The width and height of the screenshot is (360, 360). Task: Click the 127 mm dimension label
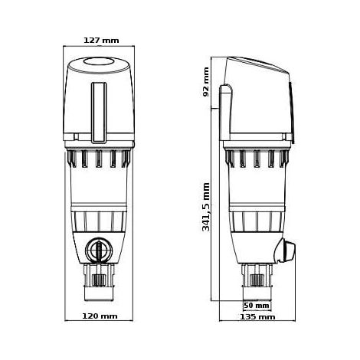coord(101,41)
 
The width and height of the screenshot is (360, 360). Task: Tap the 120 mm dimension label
coord(100,316)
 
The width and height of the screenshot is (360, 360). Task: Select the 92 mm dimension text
coord(206,82)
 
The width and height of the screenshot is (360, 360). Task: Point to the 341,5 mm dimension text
coord(206,207)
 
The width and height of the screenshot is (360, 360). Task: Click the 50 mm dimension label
coord(257,306)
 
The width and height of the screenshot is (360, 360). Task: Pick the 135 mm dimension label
coord(257,317)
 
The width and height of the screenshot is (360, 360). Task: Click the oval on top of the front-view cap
coord(99,61)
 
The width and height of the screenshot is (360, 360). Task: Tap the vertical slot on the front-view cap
coord(99,113)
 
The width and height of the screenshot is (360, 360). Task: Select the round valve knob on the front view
coord(98,250)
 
